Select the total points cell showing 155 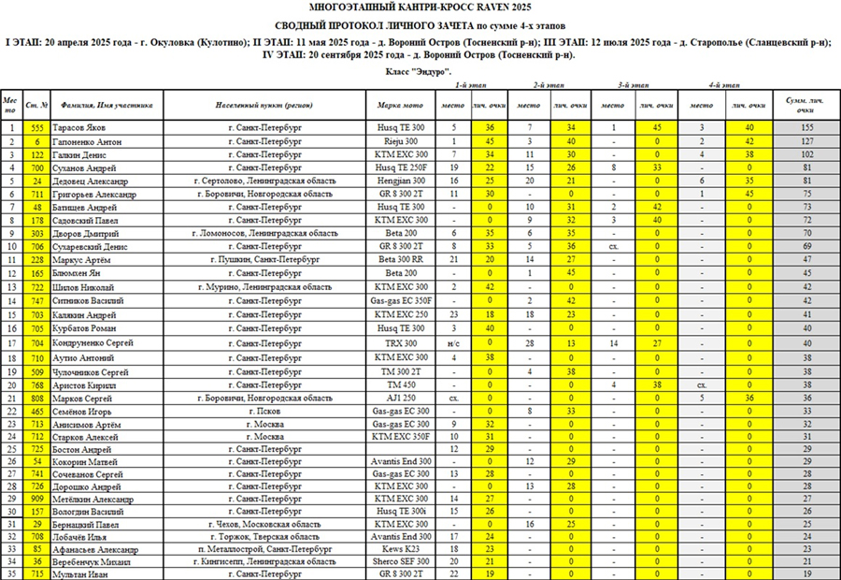[x=805, y=126]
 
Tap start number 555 [x=37, y=126]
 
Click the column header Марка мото [x=401, y=106]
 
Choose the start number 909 [x=37, y=499]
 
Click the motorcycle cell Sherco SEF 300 [x=401, y=560]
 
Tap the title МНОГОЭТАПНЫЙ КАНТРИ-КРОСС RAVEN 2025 [x=420, y=7]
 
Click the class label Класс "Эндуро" [x=419, y=71]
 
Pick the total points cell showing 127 [x=805, y=140]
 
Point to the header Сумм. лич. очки [x=805, y=104]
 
